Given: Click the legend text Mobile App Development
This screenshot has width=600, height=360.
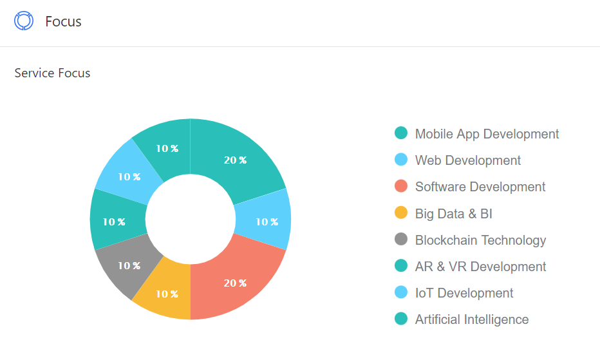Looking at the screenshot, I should (x=487, y=134).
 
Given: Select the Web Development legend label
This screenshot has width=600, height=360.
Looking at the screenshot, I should (x=468, y=160).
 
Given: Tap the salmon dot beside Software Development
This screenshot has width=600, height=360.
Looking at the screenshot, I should (x=401, y=186).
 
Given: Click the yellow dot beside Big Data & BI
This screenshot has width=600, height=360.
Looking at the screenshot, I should (x=401, y=213).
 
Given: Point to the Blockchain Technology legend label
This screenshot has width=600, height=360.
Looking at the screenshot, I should (x=480, y=240).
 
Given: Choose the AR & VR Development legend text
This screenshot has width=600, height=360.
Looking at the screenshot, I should (x=480, y=267).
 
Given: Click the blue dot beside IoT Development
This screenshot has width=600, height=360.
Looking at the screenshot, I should (x=401, y=292).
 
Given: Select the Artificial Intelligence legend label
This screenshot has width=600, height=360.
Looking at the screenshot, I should (x=472, y=319).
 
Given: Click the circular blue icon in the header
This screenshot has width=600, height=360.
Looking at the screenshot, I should (x=24, y=21).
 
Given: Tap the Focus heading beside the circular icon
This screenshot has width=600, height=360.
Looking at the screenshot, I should (x=63, y=21).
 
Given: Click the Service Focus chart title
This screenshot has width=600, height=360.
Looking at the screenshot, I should (x=52, y=73).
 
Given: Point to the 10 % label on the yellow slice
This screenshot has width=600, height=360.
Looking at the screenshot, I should (x=166, y=294).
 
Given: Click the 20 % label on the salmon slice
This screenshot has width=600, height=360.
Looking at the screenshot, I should (x=235, y=283).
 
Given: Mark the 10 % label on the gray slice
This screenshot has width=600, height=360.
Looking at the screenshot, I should (x=129, y=265).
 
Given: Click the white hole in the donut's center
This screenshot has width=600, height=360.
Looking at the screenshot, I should (x=191, y=219).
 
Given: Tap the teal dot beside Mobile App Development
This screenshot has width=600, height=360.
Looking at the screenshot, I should (x=401, y=133).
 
